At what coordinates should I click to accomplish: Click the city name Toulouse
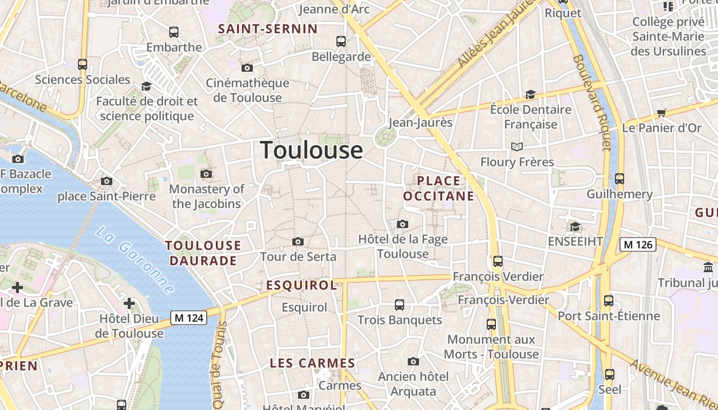(x=311, y=150)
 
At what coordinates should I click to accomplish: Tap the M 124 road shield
(x=189, y=318)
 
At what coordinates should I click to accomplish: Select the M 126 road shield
(x=638, y=244)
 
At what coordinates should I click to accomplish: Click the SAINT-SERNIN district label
(x=268, y=29)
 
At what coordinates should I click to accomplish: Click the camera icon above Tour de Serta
(x=297, y=241)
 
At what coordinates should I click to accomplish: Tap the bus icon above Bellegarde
(x=341, y=42)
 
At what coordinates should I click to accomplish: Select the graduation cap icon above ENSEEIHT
(x=575, y=226)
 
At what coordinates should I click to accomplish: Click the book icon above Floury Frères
(x=517, y=147)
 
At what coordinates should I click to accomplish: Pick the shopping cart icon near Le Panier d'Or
(x=662, y=113)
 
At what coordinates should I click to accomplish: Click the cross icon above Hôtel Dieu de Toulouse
(x=129, y=303)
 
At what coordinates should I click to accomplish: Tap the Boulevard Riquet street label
(x=592, y=102)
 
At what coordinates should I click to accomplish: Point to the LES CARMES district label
(x=312, y=363)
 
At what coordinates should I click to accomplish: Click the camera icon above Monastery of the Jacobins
(x=206, y=174)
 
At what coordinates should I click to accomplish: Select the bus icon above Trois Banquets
(x=400, y=305)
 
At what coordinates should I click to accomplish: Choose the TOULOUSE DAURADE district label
(x=203, y=253)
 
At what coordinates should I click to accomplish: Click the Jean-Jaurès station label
(x=421, y=122)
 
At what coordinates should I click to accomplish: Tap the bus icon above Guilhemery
(x=620, y=179)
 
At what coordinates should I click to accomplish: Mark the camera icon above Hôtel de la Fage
(x=403, y=224)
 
